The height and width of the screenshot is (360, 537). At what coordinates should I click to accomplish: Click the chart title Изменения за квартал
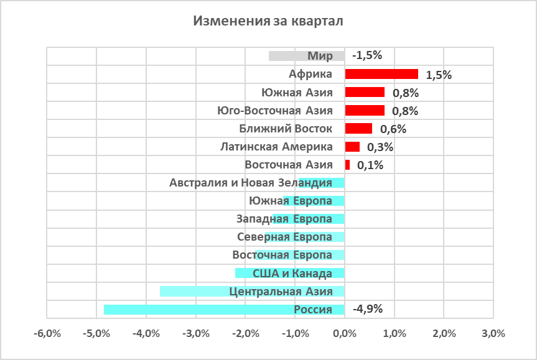[268, 21]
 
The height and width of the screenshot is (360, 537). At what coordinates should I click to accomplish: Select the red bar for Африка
[381, 74]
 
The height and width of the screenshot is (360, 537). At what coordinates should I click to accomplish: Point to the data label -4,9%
[368, 309]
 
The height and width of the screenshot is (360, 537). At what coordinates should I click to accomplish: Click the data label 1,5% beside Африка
[439, 75]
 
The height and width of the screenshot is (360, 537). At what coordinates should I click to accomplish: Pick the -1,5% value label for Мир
[367, 55]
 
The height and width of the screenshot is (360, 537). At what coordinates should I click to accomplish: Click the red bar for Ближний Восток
[358, 129]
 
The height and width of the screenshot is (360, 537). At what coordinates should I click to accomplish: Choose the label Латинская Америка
[277, 147]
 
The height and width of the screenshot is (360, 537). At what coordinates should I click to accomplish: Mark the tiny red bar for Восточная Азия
[347, 165]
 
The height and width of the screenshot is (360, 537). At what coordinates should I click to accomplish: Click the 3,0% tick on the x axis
[493, 333]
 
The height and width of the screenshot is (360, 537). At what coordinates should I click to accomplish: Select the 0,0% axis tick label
[344, 333]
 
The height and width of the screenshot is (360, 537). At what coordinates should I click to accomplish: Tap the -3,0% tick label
[196, 333]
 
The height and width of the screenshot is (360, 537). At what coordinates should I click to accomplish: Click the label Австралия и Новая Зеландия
[251, 183]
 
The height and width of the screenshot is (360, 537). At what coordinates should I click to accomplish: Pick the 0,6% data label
[393, 129]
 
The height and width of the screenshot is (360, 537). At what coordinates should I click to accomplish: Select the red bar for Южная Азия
[365, 92]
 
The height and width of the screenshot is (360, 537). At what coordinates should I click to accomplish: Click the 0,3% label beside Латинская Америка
[380, 148]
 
